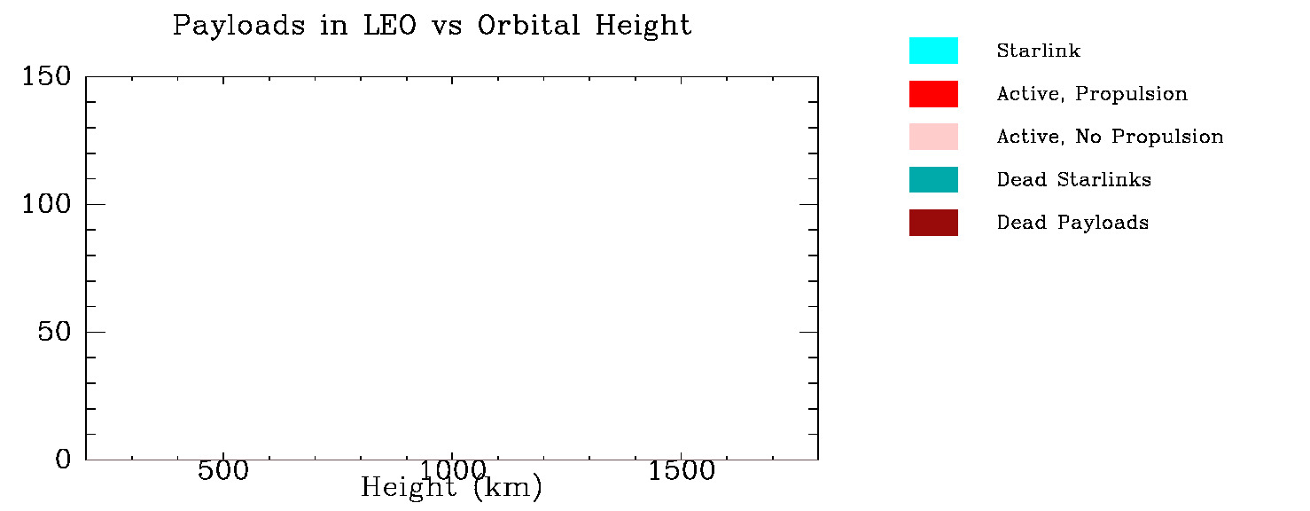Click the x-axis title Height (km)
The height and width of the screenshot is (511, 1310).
click(x=451, y=487)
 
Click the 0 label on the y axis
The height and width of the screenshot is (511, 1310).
click(x=63, y=460)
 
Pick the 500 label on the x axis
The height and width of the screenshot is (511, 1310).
click(x=222, y=471)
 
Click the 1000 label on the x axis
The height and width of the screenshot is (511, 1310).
click(x=451, y=470)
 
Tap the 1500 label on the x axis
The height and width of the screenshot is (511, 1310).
click(x=681, y=471)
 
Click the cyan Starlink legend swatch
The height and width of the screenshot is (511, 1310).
click(x=933, y=51)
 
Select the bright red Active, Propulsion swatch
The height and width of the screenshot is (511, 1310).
click(x=933, y=94)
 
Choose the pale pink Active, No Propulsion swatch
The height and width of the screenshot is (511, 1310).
click(x=933, y=137)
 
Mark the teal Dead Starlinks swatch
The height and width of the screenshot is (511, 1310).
click(x=933, y=179)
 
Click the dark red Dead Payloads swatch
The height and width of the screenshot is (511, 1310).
click(x=933, y=223)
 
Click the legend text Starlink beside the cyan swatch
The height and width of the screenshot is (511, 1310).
click(x=1038, y=51)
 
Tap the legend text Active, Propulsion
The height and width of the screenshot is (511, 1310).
click(x=1092, y=94)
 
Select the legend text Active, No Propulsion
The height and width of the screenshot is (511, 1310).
click(x=1110, y=137)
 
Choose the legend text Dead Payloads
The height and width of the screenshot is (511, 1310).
click(x=1072, y=223)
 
